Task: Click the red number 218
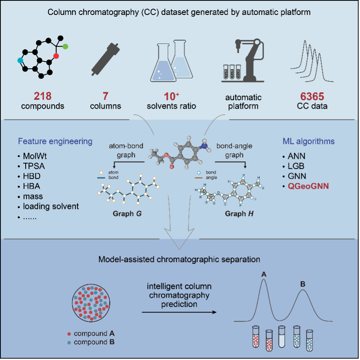(43, 96)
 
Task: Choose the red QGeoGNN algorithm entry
(308, 186)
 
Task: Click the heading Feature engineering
(55, 142)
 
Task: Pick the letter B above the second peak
(303, 284)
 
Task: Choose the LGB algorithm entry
(297, 167)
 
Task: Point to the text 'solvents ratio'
(172, 106)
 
